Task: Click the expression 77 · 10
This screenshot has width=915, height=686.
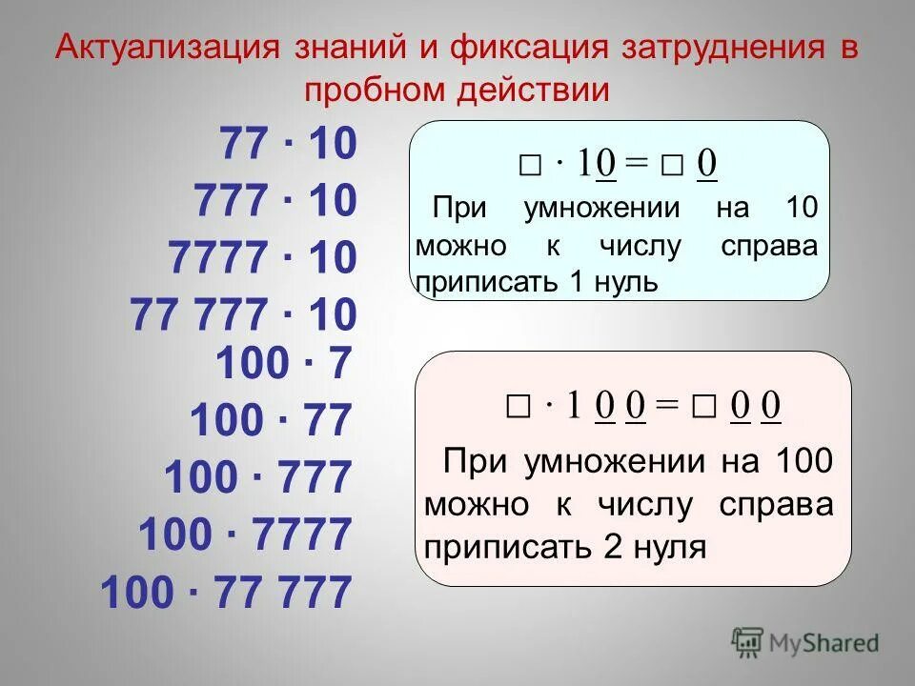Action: click(x=288, y=145)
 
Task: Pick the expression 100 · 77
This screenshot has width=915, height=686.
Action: click(x=272, y=419)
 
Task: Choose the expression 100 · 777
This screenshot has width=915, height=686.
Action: click(x=258, y=476)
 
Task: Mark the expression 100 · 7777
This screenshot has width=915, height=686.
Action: click(x=245, y=534)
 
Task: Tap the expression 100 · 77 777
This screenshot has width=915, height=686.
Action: click(x=226, y=592)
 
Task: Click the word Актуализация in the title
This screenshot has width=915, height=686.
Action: click(x=167, y=49)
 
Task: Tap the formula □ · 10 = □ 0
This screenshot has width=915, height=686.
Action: click(x=619, y=165)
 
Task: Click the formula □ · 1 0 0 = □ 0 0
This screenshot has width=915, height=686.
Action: click(x=644, y=407)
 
